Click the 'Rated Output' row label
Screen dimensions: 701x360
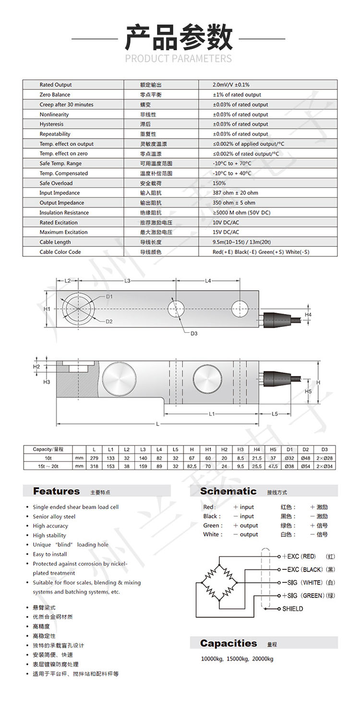tap(56, 85)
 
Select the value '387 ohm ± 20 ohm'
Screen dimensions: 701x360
tap(234, 193)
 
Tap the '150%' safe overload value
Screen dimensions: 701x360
tap(219, 183)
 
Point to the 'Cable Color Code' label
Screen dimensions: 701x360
tap(60, 252)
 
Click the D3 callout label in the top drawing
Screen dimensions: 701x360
tap(194, 333)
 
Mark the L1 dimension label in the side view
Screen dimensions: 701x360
tap(212, 413)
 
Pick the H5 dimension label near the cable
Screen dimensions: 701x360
tap(308, 391)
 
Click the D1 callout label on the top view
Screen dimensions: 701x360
tap(109, 297)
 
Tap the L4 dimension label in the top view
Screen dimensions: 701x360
tap(208, 281)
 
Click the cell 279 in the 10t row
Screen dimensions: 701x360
tap(94, 459)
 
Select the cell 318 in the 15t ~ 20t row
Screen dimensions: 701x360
tap(94, 466)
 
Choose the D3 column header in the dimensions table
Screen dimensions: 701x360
tap(324, 449)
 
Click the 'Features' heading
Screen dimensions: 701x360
tap(57, 491)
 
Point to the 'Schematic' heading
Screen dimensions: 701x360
tap(228, 491)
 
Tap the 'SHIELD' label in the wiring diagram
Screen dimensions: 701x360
tap(292, 609)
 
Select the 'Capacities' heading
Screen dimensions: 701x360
tap(228, 643)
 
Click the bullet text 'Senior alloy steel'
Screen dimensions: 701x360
tap(54, 517)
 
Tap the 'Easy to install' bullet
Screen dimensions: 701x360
tap(50, 554)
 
